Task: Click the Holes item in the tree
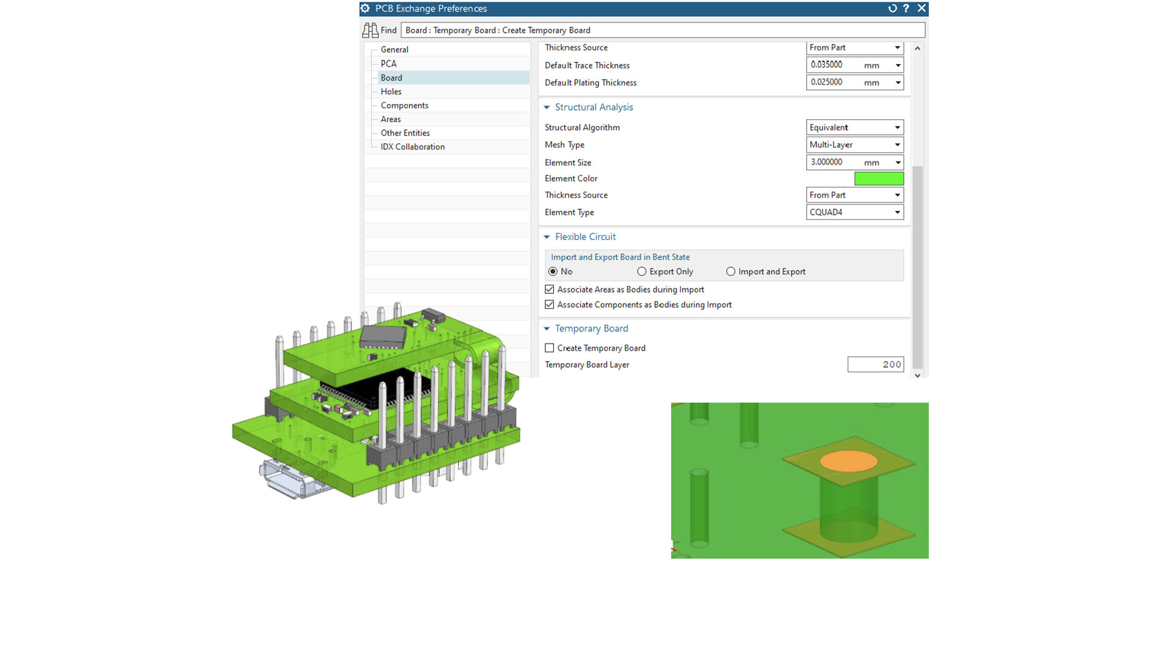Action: (391, 91)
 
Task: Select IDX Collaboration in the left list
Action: (412, 146)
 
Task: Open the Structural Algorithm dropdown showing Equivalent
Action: (854, 127)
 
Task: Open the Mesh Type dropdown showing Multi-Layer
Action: (854, 145)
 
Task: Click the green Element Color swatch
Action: (879, 178)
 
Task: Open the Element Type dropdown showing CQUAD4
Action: (854, 212)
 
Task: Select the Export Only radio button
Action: (642, 271)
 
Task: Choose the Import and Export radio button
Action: (730, 271)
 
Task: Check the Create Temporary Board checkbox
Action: (550, 348)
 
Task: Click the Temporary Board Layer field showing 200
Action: (875, 364)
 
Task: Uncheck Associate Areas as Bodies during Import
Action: (550, 290)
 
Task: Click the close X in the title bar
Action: (921, 8)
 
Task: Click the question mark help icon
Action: (906, 8)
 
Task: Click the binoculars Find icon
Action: (370, 30)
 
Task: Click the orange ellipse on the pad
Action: (848, 461)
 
